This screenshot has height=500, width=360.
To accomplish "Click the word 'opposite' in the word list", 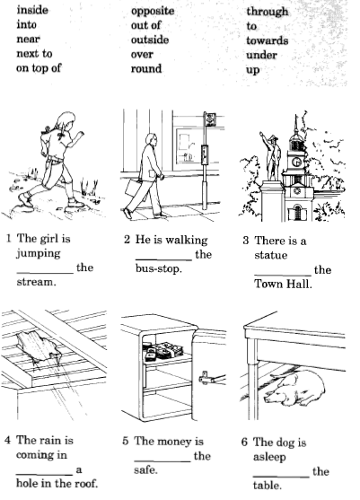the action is point(153,12).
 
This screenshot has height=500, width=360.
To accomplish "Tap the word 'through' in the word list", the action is point(268,12).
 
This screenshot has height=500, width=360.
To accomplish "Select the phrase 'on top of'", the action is point(39,68).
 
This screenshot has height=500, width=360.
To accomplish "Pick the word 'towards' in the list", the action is point(268,40).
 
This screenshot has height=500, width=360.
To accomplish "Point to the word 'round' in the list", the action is point(146,68).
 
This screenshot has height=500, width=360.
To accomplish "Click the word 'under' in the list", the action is point(261,55).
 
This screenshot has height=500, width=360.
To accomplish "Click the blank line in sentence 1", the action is point(45,273).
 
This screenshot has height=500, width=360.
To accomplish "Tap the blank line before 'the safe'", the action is point(162,461).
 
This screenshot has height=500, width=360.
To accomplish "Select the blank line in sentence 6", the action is point(281,477).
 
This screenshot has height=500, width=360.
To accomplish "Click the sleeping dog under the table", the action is point(296,389).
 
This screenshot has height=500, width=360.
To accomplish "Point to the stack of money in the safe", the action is point(162,351).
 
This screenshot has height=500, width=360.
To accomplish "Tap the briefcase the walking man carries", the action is point(133,189).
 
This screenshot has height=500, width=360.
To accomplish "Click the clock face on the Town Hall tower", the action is point(296,162).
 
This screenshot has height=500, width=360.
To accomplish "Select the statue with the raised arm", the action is point(272,156).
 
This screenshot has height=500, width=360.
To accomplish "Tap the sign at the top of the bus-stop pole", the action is point(210,119).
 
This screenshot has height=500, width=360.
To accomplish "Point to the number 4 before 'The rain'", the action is point(8,441).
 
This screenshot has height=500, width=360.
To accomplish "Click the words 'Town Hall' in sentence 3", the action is point(283,284).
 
